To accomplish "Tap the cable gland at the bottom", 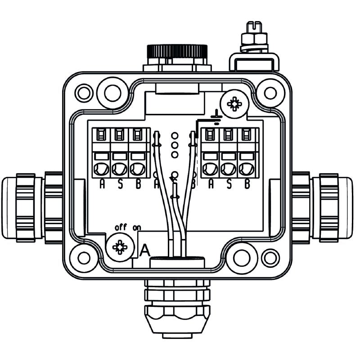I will [177, 306].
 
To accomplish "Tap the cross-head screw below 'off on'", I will [120, 247].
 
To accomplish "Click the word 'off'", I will [121, 227].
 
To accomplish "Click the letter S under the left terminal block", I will [120, 184].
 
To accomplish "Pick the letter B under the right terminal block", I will [247, 184].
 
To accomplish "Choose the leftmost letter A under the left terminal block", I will [102, 184].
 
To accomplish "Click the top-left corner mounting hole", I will [83, 93].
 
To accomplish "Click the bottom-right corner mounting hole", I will [270, 257].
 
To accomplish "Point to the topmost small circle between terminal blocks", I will [175, 135].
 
